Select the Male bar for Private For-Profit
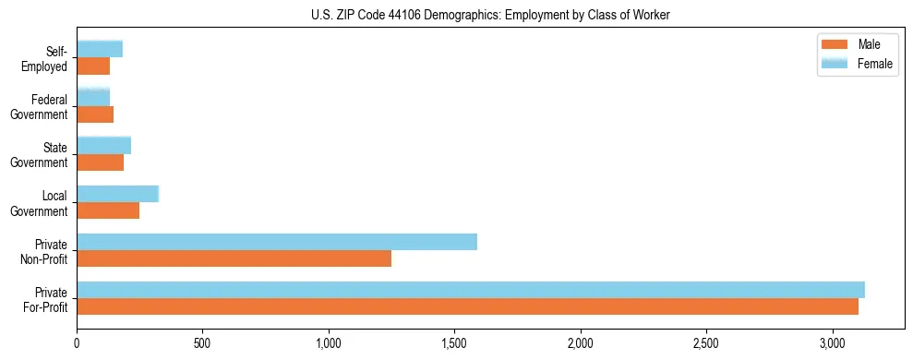coord(467,306)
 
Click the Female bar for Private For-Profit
coord(471,290)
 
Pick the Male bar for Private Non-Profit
coord(234,258)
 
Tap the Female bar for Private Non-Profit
coord(277,242)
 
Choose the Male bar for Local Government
coord(108,210)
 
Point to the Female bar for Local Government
coord(118,194)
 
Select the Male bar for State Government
coord(100,162)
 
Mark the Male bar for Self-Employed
coord(93,66)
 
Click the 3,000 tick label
coord(833,342)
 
